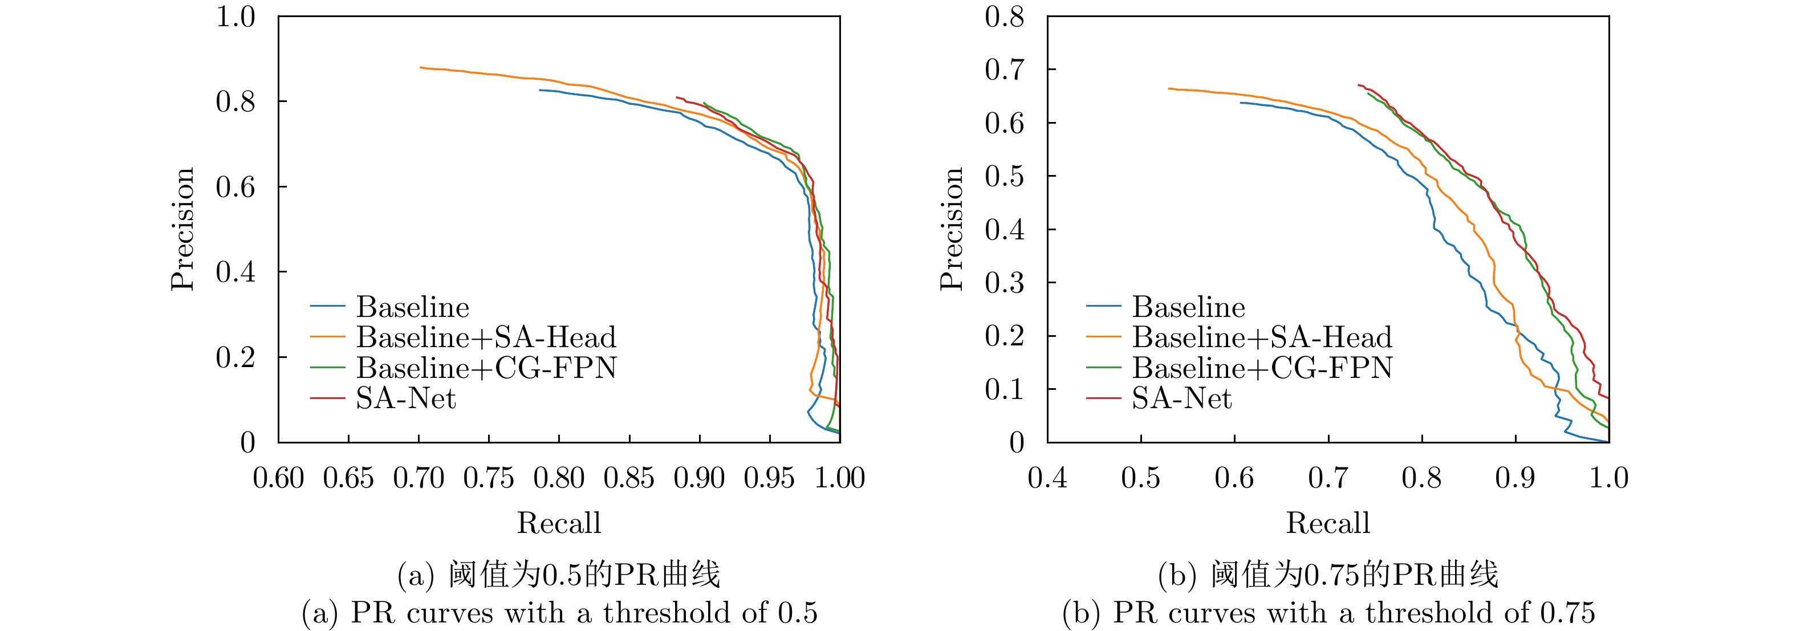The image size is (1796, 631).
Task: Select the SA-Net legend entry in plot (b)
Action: point(1181,398)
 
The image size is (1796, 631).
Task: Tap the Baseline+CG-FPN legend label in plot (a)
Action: point(486,368)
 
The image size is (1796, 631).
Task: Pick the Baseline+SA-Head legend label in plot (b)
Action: point(1261,337)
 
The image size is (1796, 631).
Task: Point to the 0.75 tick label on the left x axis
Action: point(488,478)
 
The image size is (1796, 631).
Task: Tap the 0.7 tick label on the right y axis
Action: point(1004,70)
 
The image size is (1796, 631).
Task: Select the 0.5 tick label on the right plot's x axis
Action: point(1141,478)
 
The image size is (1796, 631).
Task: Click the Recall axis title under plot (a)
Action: point(558,523)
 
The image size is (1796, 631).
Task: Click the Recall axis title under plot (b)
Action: point(1327,523)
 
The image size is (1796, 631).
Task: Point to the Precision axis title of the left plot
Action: point(182,229)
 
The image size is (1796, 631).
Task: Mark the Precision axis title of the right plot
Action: point(952,229)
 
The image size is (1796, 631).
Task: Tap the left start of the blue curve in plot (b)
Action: point(1240,103)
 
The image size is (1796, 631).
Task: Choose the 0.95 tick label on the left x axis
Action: point(769,478)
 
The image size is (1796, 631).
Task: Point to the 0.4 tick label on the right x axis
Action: point(1047,478)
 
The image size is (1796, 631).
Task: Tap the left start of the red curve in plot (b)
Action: point(1358,85)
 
